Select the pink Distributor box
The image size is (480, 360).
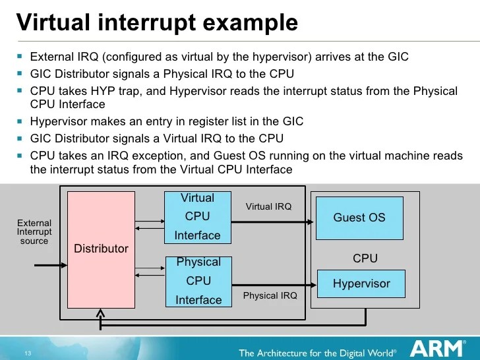[x=101, y=248]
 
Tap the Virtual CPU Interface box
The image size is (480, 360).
[x=197, y=217]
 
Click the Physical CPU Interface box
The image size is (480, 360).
[x=198, y=282]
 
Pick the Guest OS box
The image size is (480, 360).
[x=359, y=218]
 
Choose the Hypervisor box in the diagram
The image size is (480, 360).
[x=361, y=284]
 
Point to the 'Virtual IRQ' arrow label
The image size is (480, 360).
[x=268, y=206]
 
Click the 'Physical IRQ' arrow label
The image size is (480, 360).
[x=270, y=296]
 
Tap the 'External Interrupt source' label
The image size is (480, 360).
[x=34, y=232]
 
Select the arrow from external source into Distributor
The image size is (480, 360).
[x=49, y=266]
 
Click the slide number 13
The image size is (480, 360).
[x=28, y=353]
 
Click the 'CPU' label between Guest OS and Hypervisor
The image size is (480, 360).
[x=365, y=258]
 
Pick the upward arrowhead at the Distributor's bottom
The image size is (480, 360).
[x=100, y=312]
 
